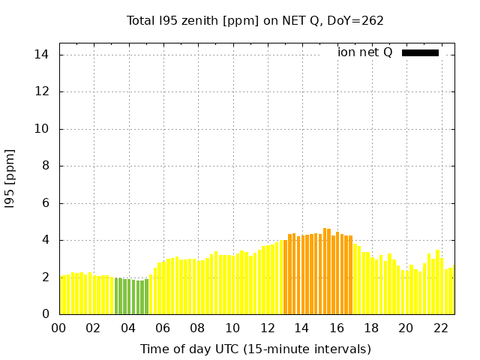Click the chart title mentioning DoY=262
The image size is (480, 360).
(x=255, y=20)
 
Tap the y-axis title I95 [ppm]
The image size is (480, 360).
(x=10, y=178)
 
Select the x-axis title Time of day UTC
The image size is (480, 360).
(x=255, y=349)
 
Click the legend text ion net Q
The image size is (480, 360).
(x=364, y=52)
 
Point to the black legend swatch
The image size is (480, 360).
(x=420, y=52)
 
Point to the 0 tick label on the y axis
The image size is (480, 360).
(x=45, y=314)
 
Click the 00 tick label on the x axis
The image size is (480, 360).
(x=59, y=328)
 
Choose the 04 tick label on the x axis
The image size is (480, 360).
(x=128, y=328)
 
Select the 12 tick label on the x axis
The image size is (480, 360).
(x=267, y=328)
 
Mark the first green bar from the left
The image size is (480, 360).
(x=116, y=296)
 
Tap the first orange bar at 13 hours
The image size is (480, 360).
(x=286, y=277)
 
